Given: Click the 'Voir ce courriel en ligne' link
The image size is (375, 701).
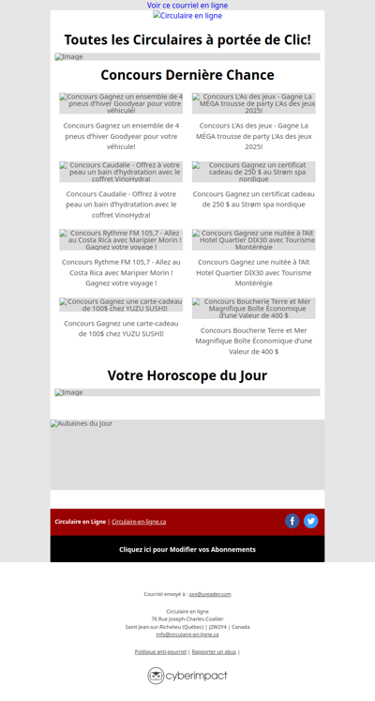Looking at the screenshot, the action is click(x=187, y=6).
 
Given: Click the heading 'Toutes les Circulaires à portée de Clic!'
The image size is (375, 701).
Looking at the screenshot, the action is click(x=187, y=39).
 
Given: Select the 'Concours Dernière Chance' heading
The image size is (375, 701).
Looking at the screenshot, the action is click(x=187, y=75).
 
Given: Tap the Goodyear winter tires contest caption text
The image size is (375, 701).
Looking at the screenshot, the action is click(x=121, y=135).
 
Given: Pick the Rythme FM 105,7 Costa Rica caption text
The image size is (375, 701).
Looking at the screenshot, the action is click(x=121, y=272).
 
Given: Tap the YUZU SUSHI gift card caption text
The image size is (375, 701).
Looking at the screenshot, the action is click(x=121, y=328).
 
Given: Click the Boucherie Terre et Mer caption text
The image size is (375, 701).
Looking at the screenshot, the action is click(x=253, y=341).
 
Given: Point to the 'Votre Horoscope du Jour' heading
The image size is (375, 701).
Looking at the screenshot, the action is click(x=187, y=375).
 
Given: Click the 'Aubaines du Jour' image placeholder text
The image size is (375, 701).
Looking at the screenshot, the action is click(x=82, y=424).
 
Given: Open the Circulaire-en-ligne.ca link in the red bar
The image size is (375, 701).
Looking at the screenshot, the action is click(x=139, y=522).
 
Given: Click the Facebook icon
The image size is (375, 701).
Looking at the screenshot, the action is click(x=292, y=521).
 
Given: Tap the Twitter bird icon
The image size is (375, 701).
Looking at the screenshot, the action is click(x=311, y=521).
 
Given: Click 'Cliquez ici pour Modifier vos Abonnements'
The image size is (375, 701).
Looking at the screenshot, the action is click(x=187, y=549).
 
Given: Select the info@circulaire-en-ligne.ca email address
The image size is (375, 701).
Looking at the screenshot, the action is click(x=187, y=634).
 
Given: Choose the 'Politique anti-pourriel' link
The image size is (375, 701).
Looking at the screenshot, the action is click(x=160, y=651).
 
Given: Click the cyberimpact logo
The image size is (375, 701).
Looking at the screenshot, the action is click(x=187, y=676).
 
